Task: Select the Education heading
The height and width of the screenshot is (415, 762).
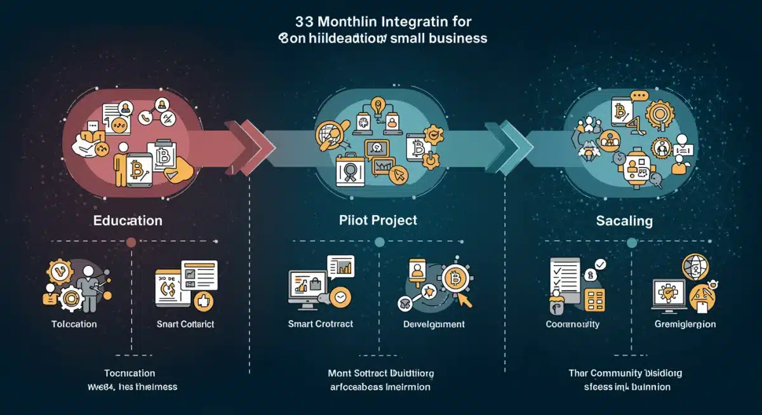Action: coord(128,221)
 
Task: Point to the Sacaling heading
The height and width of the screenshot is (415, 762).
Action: coord(624,221)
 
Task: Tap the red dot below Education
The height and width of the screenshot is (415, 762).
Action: coord(131,242)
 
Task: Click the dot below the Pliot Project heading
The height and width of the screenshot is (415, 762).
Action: coord(380,242)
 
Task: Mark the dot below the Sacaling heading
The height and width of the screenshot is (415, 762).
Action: coord(631,242)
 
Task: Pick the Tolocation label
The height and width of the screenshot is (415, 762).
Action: coord(74,324)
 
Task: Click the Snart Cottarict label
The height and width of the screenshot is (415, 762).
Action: coord(185,324)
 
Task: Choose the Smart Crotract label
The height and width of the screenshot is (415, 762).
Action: coord(321,324)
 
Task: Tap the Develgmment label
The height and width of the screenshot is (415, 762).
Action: coord(434,324)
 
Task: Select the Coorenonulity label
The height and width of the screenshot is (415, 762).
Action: coord(573,324)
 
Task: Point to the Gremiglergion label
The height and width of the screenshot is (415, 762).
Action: coord(685,324)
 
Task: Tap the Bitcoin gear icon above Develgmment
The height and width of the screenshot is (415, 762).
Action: coord(454,277)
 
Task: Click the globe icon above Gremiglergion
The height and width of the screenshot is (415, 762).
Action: coord(694,267)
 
